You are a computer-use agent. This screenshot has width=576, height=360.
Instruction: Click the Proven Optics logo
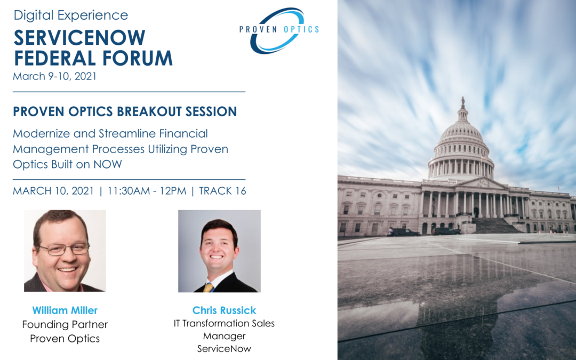pyautogui.click(x=279, y=30)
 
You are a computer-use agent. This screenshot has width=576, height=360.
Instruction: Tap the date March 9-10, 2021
pyautogui.click(x=55, y=76)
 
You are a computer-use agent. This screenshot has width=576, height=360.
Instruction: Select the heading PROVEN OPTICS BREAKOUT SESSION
pyautogui.click(x=125, y=111)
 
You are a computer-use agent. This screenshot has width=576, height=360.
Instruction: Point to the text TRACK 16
pyautogui.click(x=222, y=191)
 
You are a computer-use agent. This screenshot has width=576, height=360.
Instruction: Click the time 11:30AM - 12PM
pyautogui.click(x=147, y=191)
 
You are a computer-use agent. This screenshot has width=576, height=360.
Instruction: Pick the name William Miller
pyautogui.click(x=65, y=310)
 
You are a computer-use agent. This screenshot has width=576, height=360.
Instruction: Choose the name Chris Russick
pyautogui.click(x=224, y=310)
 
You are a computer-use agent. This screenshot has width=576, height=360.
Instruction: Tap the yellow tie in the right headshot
pyautogui.click(x=209, y=287)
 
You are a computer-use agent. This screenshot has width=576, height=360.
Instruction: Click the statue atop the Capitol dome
pyautogui.click(x=462, y=101)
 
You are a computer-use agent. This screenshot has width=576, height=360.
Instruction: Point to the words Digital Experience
pyautogui.click(x=71, y=15)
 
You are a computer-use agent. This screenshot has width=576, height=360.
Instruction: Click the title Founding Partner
pyautogui.click(x=65, y=325)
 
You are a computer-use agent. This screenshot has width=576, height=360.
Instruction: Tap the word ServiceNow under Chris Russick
pyautogui.click(x=224, y=349)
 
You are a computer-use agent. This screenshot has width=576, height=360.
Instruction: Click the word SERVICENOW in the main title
pyautogui.click(x=79, y=37)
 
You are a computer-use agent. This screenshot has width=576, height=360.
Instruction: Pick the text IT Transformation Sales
pyautogui.click(x=224, y=323)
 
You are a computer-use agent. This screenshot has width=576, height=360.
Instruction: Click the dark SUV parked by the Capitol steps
pyautogui.click(x=446, y=231)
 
